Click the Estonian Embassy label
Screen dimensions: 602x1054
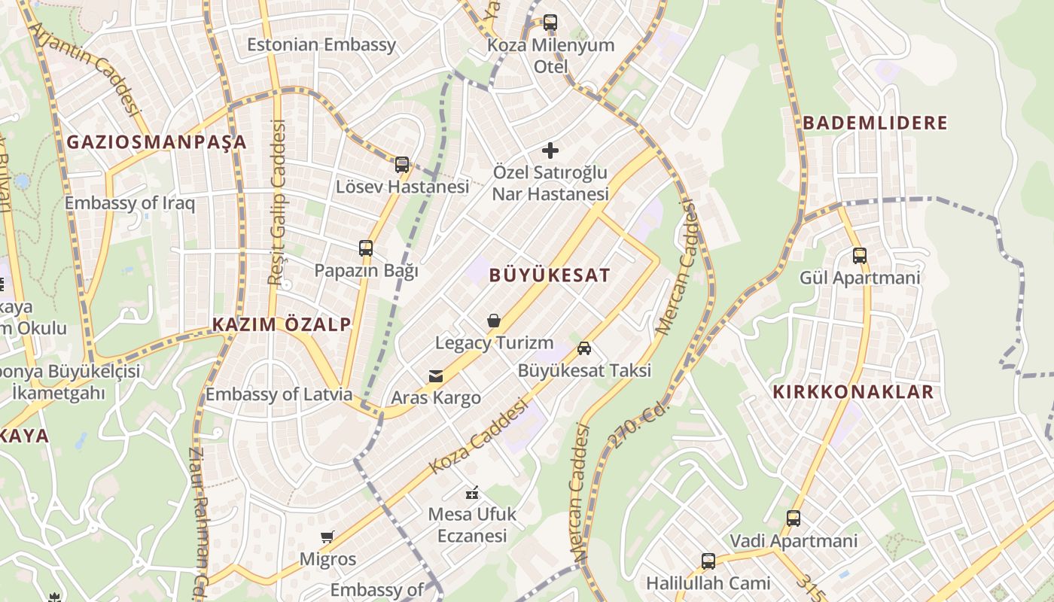pyautogui.click(x=321, y=44)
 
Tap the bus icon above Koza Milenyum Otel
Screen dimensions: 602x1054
pyautogui.click(x=550, y=23)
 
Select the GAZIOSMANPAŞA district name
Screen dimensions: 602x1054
pyautogui.click(x=157, y=141)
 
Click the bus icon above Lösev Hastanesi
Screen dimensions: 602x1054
pyautogui.click(x=402, y=164)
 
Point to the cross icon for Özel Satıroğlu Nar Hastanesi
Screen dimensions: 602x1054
pyautogui.click(x=550, y=150)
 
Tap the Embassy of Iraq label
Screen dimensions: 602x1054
pyautogui.click(x=129, y=202)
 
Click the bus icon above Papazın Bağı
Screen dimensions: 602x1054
pyautogui.click(x=366, y=248)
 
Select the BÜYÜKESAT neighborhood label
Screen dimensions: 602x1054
pyautogui.click(x=550, y=275)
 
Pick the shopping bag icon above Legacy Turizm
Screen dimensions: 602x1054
pyautogui.click(x=494, y=321)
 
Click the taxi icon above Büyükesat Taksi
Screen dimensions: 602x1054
pyautogui.click(x=584, y=348)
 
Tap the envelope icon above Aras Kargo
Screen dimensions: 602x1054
pyautogui.click(x=436, y=375)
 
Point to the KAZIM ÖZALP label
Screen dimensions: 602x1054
pyautogui.click(x=282, y=324)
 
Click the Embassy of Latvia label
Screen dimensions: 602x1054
pyautogui.click(x=279, y=394)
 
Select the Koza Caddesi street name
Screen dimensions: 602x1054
pyautogui.click(x=479, y=436)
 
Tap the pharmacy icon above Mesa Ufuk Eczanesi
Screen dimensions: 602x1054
pyautogui.click(x=472, y=493)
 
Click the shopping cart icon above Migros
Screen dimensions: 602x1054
pyautogui.click(x=327, y=537)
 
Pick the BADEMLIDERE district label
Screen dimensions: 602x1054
pyautogui.click(x=875, y=123)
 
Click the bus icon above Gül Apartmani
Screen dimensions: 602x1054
pyautogui.click(x=860, y=256)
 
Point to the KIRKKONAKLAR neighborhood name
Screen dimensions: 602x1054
pyautogui.click(x=853, y=391)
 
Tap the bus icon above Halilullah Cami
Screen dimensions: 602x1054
pyautogui.click(x=708, y=561)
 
